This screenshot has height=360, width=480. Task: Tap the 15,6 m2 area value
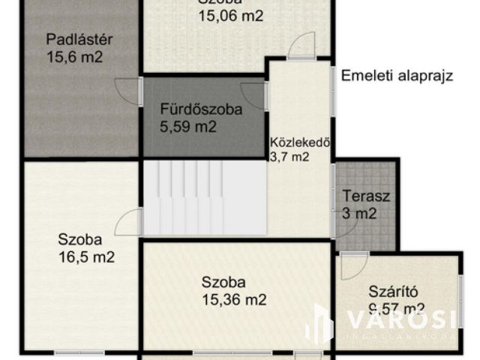click(x=74, y=57)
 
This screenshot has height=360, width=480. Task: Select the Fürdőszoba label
click(x=201, y=109)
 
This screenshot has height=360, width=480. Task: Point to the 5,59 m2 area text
click(x=188, y=127)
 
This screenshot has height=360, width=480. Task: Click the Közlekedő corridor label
click(x=300, y=142)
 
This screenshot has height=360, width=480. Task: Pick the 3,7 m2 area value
click(x=289, y=157)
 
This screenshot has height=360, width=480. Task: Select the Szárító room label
click(x=391, y=291)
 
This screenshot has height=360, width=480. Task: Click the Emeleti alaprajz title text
click(x=397, y=76)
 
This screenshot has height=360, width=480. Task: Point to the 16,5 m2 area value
click(x=86, y=257)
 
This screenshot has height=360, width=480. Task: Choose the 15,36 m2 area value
click(x=234, y=300)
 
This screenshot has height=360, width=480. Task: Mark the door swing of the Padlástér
click(x=128, y=90)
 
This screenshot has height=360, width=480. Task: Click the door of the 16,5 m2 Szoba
click(x=130, y=223)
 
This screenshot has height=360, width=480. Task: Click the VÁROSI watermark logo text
click(x=400, y=320)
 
